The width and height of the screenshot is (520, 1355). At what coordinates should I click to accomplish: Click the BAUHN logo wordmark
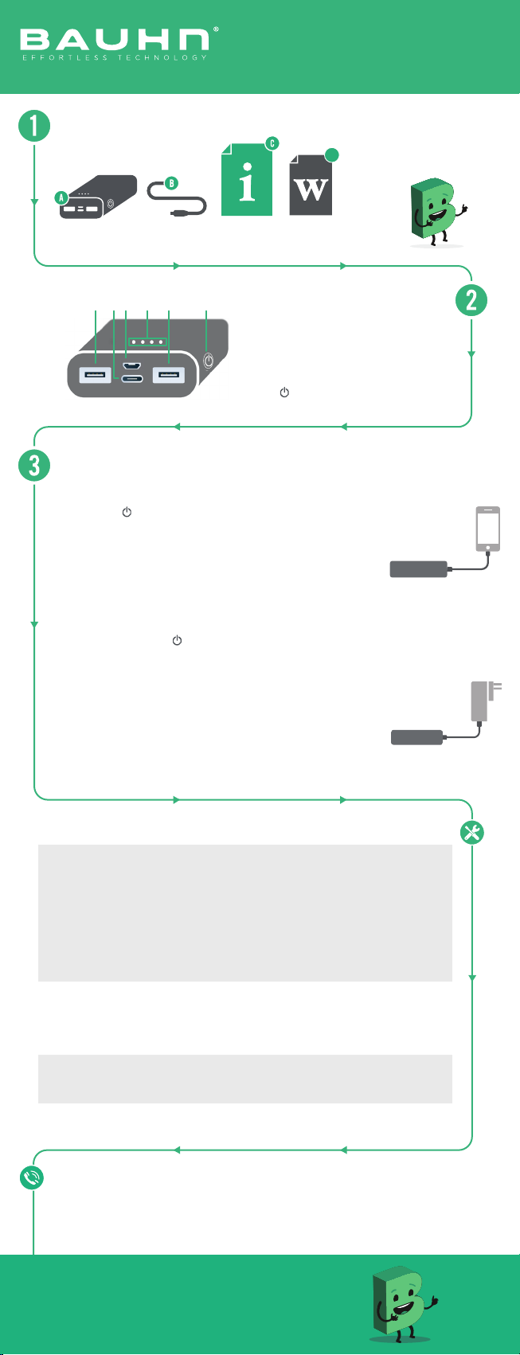pos(115,40)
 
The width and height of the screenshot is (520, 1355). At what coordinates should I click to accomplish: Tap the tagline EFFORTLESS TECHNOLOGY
pos(115,57)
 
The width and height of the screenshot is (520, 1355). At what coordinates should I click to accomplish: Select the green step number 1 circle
pos(34,126)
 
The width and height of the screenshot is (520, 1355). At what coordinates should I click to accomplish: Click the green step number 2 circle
pos(471,300)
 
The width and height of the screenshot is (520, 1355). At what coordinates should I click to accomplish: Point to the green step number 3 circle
pos(34,466)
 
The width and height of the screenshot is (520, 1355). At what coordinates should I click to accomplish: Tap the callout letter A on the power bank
pos(61,197)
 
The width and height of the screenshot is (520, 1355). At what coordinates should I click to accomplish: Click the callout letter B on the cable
pos(171,182)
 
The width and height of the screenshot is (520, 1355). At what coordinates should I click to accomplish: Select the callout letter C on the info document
pos(272,143)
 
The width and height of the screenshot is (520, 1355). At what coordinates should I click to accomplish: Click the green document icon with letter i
pos(246,180)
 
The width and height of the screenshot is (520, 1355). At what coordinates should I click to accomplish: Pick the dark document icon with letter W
pos(311,185)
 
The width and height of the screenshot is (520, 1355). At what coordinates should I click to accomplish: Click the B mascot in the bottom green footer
pos(403,1304)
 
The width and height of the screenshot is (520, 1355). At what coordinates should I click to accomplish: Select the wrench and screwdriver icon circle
pos(471,833)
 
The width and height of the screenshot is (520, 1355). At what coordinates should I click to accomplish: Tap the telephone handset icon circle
pos(32,1177)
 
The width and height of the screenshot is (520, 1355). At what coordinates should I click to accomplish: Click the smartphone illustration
pos(488,529)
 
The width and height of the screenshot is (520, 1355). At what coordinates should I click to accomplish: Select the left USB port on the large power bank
pos(95,375)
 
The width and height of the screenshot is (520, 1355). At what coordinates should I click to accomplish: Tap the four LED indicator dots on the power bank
pos(147,342)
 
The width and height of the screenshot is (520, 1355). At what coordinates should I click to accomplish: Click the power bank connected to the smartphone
pos(418,569)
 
